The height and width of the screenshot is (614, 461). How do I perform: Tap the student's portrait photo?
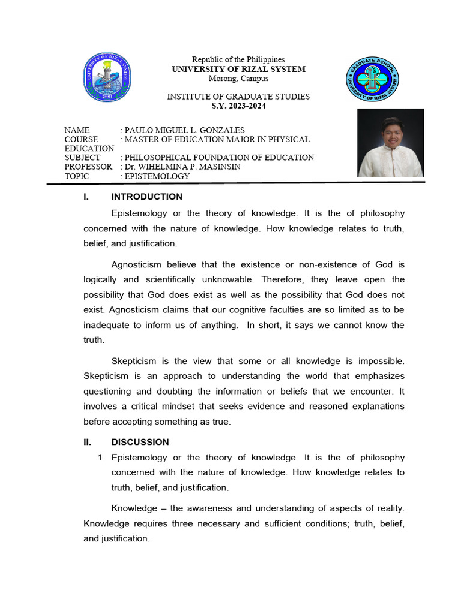point(390,143)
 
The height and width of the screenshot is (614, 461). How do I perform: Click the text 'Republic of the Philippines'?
point(238,59)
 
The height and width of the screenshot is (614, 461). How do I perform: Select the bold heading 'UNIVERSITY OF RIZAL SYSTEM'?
point(238,69)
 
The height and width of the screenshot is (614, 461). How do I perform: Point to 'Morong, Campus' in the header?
point(238,79)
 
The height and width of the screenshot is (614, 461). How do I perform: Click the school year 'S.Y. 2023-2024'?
point(238,106)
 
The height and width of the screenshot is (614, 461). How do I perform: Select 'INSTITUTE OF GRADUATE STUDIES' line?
point(238,97)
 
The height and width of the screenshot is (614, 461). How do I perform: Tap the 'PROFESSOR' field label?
point(88,167)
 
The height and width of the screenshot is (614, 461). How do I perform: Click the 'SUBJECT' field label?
point(83,158)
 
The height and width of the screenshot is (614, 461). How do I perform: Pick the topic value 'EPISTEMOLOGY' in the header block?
point(157,176)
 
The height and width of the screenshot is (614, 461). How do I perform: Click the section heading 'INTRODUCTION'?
point(147,197)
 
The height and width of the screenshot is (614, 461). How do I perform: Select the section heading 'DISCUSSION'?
point(140,442)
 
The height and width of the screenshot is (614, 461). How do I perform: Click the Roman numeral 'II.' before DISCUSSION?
point(88,442)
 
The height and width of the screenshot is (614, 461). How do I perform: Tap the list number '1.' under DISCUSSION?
point(101,458)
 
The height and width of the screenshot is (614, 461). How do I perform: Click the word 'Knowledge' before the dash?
point(136,508)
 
